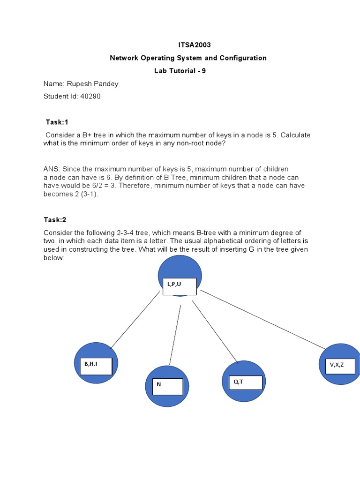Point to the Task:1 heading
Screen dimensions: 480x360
click(x=57, y=122)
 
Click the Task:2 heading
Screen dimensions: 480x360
click(x=55, y=220)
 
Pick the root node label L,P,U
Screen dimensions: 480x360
click(x=174, y=284)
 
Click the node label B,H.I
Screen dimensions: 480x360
click(x=91, y=363)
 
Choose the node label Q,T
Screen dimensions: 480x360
click(x=239, y=382)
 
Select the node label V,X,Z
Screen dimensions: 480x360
click(x=337, y=365)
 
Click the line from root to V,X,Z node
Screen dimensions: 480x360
click(x=262, y=320)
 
